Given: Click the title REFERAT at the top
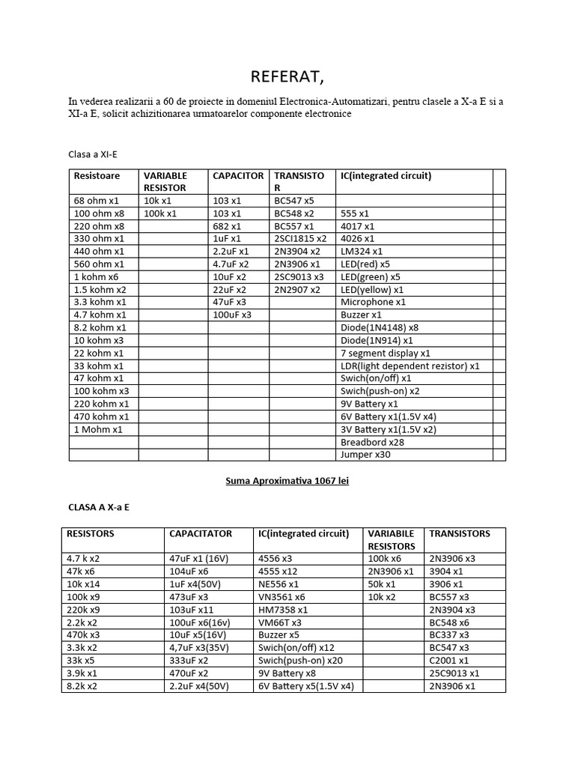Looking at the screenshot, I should click(x=287, y=77).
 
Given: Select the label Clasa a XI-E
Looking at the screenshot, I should click(x=93, y=154).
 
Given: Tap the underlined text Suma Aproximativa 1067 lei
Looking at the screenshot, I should click(x=287, y=481).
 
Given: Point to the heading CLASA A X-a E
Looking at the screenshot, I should click(x=98, y=507).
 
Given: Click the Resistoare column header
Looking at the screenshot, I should click(x=97, y=176).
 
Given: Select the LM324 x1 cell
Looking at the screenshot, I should click(x=362, y=252).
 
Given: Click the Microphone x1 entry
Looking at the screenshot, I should click(x=373, y=302).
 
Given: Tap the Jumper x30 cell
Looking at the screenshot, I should click(x=365, y=455).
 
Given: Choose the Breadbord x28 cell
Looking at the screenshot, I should click(x=372, y=442).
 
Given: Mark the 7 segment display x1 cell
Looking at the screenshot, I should click(x=385, y=353).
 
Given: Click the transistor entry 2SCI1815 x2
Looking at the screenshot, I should click(x=299, y=238).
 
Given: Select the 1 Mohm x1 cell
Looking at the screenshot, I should click(x=97, y=429).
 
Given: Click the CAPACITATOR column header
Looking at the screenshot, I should click(x=201, y=534).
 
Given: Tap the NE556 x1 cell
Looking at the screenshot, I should click(x=279, y=583).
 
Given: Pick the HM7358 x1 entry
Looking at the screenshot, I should click(x=282, y=610).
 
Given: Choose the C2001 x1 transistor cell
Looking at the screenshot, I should click(x=449, y=660).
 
